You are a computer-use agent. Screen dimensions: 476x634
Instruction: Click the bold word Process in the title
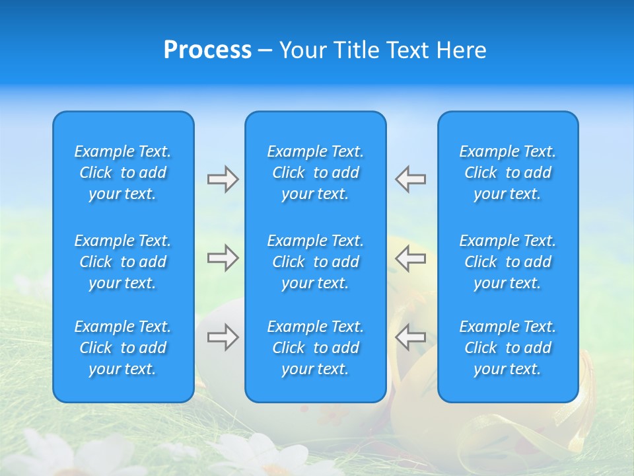[207, 50]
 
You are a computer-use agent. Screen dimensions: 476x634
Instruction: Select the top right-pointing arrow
[223, 179]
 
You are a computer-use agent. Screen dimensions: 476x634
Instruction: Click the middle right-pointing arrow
[223, 258]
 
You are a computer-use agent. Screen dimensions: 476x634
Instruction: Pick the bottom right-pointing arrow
[223, 337]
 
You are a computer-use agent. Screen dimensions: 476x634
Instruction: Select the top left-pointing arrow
[411, 179]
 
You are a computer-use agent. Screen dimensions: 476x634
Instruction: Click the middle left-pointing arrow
[411, 258]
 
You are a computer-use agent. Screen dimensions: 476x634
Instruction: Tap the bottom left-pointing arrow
[411, 337]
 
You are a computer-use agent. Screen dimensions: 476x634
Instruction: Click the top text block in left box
[123, 173]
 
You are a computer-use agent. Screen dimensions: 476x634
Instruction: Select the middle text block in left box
[123, 262]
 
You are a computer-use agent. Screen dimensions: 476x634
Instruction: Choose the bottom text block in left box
[123, 348]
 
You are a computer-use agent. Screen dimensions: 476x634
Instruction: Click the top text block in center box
[316, 173]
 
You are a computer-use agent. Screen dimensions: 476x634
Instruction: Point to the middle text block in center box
[316, 262]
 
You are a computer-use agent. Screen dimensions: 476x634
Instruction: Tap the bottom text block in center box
[316, 348]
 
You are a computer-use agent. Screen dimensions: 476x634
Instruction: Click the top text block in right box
[508, 173]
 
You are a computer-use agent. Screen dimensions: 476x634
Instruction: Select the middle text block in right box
[508, 262]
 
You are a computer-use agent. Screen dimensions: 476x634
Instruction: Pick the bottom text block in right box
[508, 348]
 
